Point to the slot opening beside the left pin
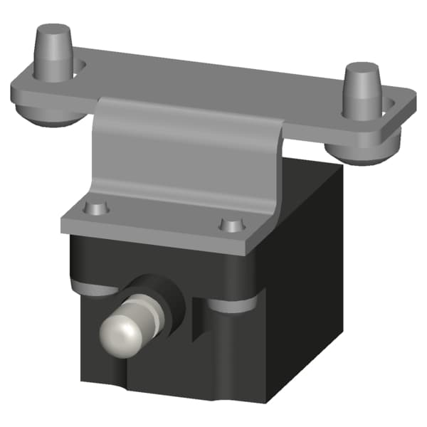pos(80,67)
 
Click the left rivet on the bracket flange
pos(94,209)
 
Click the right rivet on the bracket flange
pos(231,226)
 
